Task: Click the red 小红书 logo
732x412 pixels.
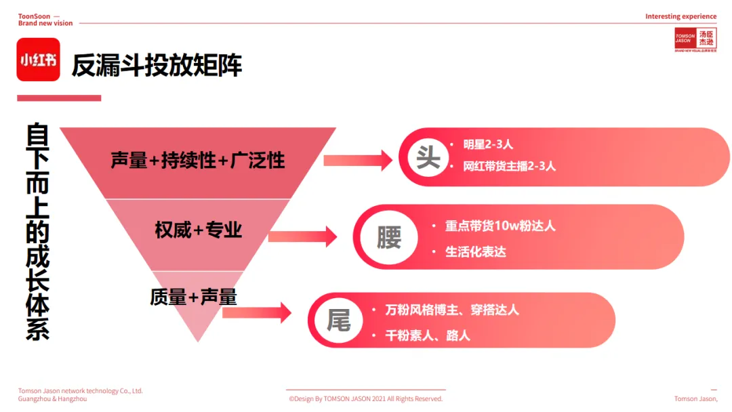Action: point(38,60)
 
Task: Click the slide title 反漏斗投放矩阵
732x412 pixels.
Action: point(157,65)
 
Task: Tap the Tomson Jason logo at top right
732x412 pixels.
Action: point(694,40)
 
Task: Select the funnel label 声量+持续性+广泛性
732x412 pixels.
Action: point(198,161)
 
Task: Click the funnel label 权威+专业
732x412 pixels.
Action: point(199,230)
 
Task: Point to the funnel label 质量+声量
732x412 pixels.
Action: point(193,297)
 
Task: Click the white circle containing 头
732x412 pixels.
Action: point(428,157)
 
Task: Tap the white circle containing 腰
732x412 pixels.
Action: point(389,237)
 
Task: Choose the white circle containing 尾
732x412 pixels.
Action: point(339,320)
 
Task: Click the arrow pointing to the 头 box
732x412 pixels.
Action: point(358,161)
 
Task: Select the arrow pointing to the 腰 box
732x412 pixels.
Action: point(303,236)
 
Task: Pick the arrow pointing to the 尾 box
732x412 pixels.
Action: point(257,312)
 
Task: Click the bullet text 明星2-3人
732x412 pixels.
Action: point(488,144)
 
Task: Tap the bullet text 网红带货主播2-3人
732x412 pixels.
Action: point(509,166)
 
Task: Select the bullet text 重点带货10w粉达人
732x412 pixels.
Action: point(500,226)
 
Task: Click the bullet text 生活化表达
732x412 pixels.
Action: point(475,251)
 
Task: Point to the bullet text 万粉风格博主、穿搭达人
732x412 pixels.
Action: point(451,310)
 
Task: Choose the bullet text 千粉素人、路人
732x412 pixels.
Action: point(427,335)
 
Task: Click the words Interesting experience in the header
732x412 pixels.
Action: point(680,16)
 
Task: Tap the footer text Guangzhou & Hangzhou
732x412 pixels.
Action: point(52,399)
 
